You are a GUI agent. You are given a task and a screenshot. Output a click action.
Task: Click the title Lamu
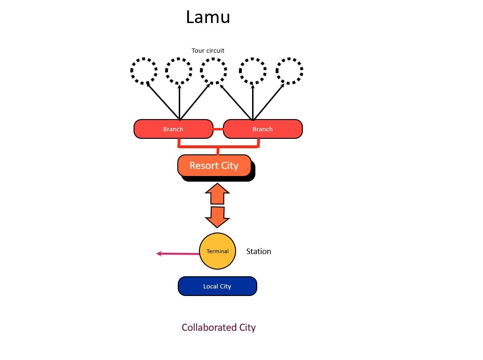(x=208, y=17)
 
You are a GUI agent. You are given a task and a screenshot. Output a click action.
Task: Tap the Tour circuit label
(x=208, y=50)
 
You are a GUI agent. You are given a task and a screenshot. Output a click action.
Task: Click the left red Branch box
(x=174, y=129)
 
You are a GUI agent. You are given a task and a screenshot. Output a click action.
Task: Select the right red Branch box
(x=263, y=129)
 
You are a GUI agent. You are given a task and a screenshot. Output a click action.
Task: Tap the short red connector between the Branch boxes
(x=218, y=129)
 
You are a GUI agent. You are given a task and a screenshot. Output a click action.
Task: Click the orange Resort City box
(x=214, y=166)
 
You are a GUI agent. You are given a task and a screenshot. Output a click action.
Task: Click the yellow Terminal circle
(x=217, y=251)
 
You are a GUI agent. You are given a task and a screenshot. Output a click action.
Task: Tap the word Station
(x=259, y=251)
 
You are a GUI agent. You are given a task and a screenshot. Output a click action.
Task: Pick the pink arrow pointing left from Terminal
(x=178, y=254)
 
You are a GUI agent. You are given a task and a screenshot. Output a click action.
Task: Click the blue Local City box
(x=217, y=286)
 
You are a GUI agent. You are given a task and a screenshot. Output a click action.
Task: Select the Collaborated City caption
(x=219, y=328)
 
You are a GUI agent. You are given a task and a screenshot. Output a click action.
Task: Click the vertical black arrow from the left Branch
(x=180, y=102)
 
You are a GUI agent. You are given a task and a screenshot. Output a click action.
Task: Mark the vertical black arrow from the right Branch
(x=253, y=102)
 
